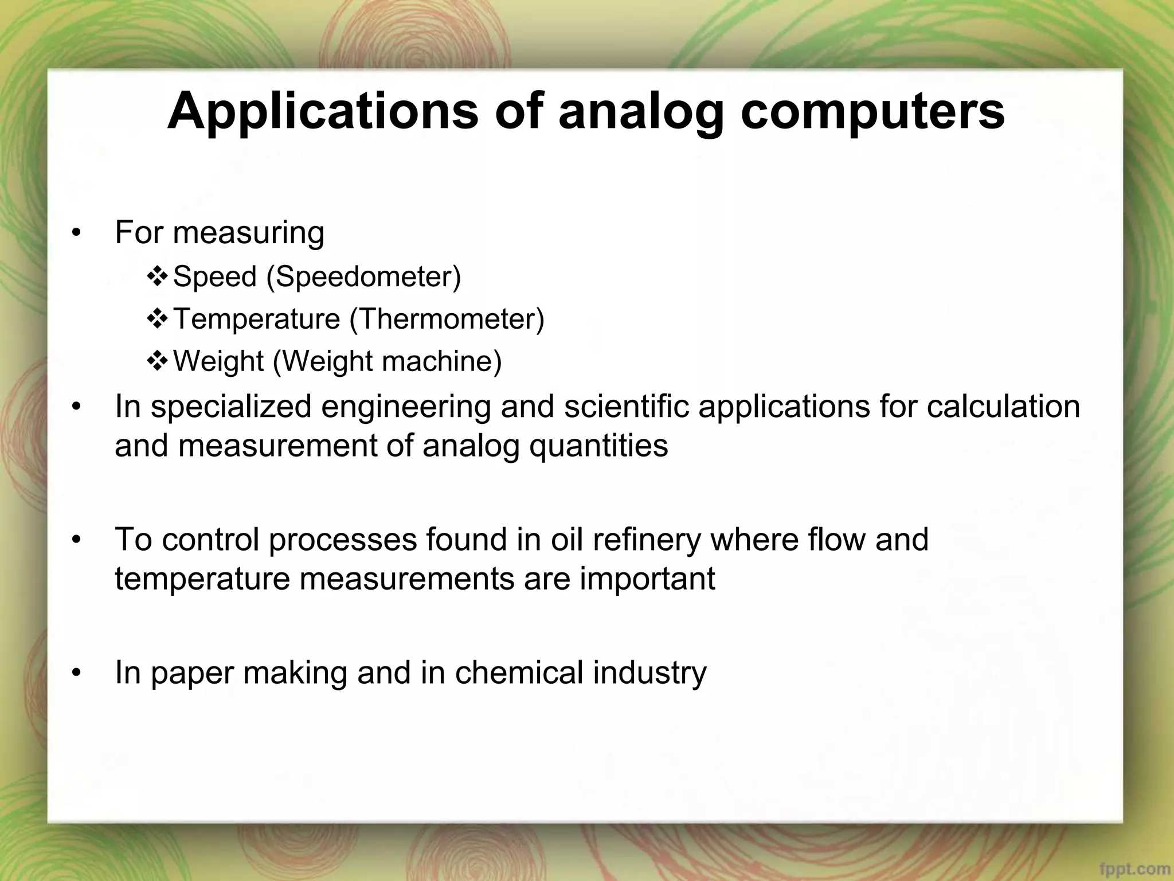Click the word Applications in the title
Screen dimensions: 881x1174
tap(323, 111)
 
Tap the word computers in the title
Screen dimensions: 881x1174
tap(872, 111)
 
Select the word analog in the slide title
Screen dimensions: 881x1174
tap(641, 111)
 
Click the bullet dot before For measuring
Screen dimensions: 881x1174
tap(76, 233)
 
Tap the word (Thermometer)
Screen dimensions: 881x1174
tap(447, 319)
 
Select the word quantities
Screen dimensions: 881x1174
tap(598, 446)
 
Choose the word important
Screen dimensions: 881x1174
tap(648, 579)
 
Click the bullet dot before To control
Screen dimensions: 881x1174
tap(76, 540)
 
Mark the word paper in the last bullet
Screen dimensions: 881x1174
tap(191, 673)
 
